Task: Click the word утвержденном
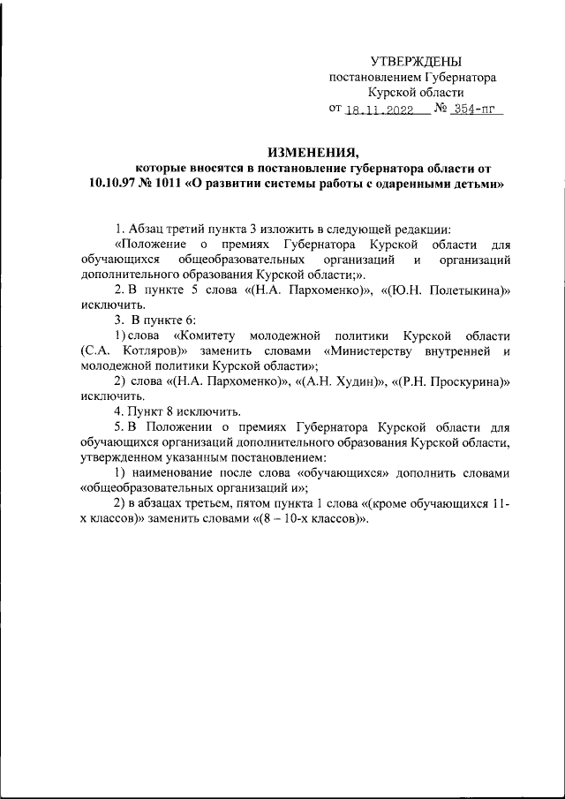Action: coord(118,457)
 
